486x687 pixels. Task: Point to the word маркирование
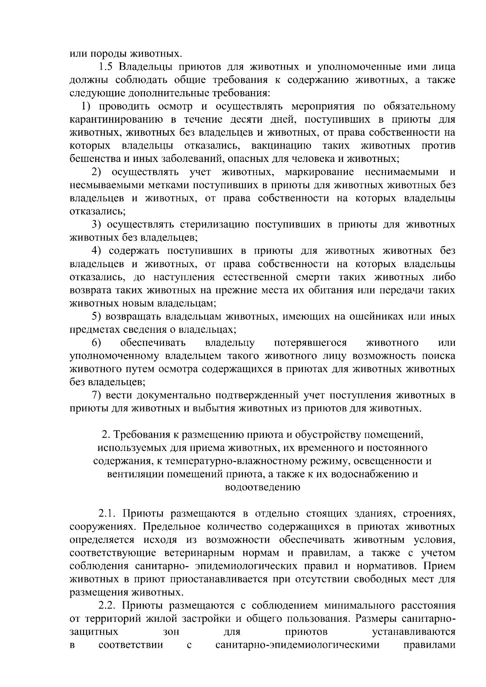click(x=319, y=172)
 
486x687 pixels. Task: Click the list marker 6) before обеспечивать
click(x=97, y=343)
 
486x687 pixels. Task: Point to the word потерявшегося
click(x=310, y=343)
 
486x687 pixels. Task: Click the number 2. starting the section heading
click(x=106, y=435)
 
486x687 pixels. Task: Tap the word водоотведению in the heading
click(x=262, y=487)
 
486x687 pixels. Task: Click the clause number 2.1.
click(x=108, y=514)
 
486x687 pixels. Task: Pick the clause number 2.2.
click(x=108, y=606)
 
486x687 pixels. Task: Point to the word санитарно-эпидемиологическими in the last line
click(x=298, y=645)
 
